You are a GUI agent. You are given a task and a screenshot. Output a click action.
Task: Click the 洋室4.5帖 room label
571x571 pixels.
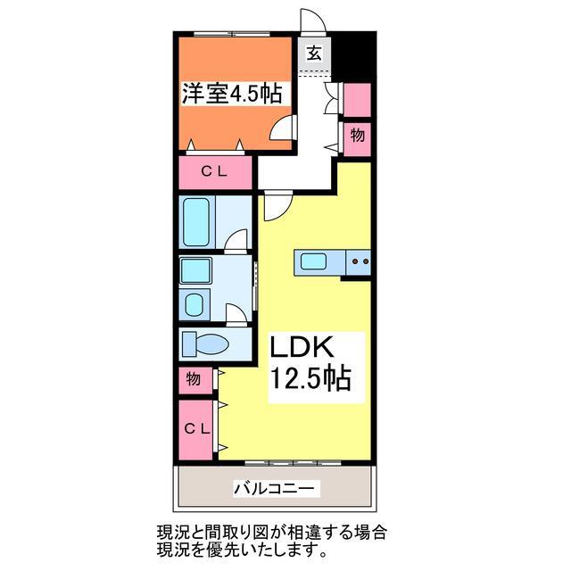click(x=232, y=94)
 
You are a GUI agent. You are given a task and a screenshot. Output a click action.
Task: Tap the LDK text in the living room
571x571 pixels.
click(x=310, y=346)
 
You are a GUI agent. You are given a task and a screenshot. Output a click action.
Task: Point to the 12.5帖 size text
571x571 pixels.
click(x=310, y=379)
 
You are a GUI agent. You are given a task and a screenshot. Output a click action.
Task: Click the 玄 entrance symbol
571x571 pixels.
click(x=314, y=52)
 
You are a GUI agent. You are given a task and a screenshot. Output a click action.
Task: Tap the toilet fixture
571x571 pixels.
click(x=205, y=343)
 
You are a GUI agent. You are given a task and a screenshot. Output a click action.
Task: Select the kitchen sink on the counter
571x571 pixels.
click(x=313, y=261)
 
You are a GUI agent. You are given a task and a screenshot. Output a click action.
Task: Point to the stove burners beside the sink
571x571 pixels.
click(x=360, y=261)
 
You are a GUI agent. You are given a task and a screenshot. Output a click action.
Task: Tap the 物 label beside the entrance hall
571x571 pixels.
click(x=357, y=135)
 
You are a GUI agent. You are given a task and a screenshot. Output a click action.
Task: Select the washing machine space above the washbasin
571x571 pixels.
click(x=194, y=270)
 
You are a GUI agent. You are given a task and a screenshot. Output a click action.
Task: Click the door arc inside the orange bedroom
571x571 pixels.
click(x=282, y=130)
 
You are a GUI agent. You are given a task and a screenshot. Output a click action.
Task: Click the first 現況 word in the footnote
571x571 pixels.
click(x=161, y=532)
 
